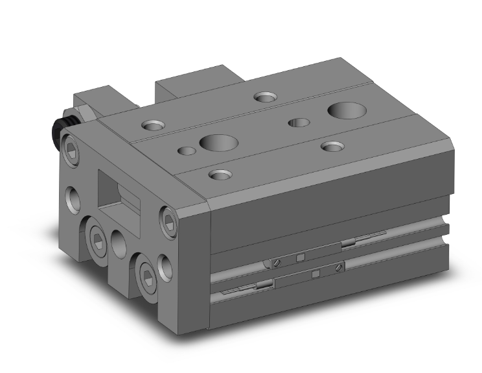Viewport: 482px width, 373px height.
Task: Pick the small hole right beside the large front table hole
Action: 187,151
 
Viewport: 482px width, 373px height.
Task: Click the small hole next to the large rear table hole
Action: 299,122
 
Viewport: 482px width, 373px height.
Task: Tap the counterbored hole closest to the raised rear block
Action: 264,97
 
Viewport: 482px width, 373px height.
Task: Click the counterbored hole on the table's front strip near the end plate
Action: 220,174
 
